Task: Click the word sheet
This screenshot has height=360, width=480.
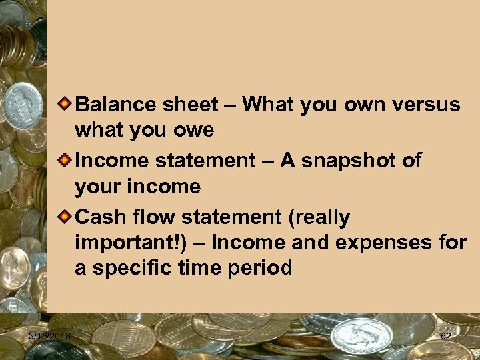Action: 190,105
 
